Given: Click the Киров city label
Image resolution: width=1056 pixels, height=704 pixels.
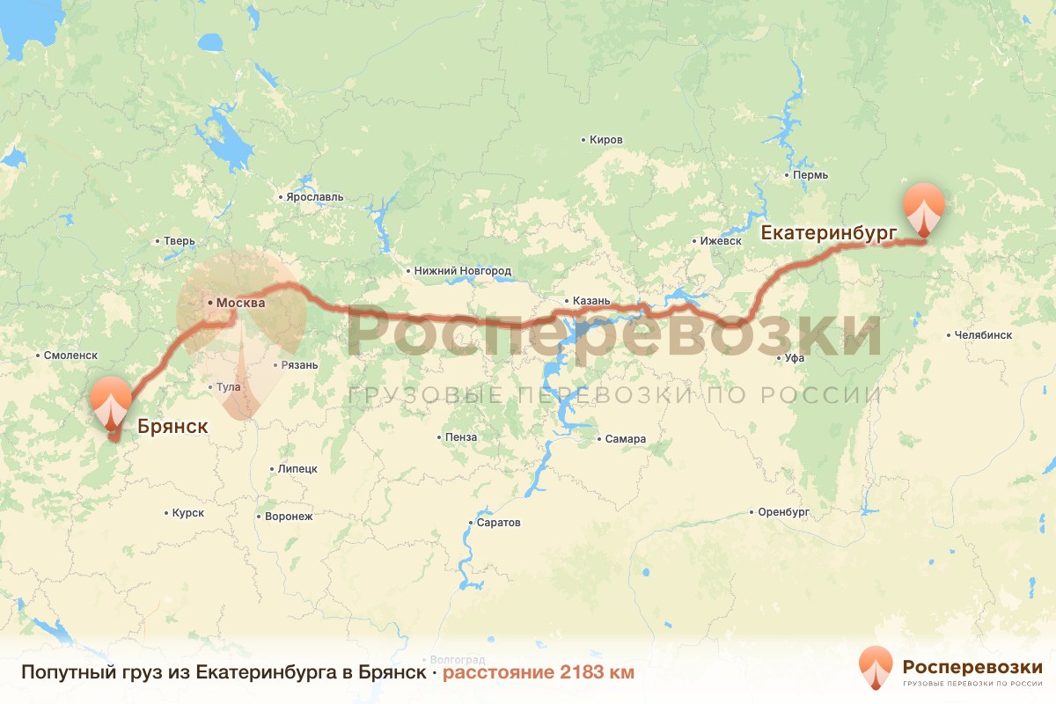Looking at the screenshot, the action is [x=606, y=140].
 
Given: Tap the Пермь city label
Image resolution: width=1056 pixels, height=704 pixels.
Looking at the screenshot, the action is [x=810, y=175].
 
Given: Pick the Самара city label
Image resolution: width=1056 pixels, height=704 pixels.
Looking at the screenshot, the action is [x=625, y=439].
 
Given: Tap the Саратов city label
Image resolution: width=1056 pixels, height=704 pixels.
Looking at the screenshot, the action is [x=498, y=523].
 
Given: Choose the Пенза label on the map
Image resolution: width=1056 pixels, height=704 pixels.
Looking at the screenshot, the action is [x=461, y=437].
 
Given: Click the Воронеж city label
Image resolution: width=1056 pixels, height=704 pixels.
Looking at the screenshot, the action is [x=289, y=517].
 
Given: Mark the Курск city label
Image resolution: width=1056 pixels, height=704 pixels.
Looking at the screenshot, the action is [x=187, y=512].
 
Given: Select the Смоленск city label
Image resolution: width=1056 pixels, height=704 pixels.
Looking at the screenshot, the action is [x=70, y=356].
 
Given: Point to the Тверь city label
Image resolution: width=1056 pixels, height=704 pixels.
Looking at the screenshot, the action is [x=180, y=241].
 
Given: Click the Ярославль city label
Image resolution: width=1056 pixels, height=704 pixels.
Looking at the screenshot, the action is [x=314, y=197].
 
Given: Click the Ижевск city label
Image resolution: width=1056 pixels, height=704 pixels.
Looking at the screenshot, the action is [x=721, y=241].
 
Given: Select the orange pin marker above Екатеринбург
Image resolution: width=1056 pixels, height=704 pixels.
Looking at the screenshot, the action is [x=924, y=208].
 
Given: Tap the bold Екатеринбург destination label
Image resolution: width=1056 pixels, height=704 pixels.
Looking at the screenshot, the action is [x=828, y=233].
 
